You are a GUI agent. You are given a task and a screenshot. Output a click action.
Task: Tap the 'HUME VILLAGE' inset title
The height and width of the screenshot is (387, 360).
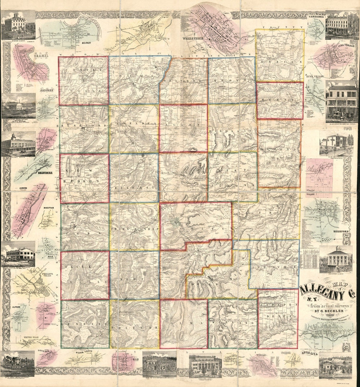coord(313,77)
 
